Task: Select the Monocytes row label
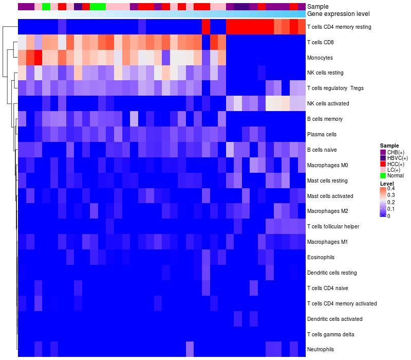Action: click(321, 57)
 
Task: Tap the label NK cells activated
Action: click(328, 103)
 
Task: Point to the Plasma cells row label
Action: click(322, 134)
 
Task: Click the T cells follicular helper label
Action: click(332, 226)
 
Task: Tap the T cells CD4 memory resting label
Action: click(339, 27)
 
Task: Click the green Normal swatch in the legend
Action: click(383, 175)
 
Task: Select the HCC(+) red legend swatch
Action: click(383, 164)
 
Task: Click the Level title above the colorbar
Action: click(387, 184)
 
